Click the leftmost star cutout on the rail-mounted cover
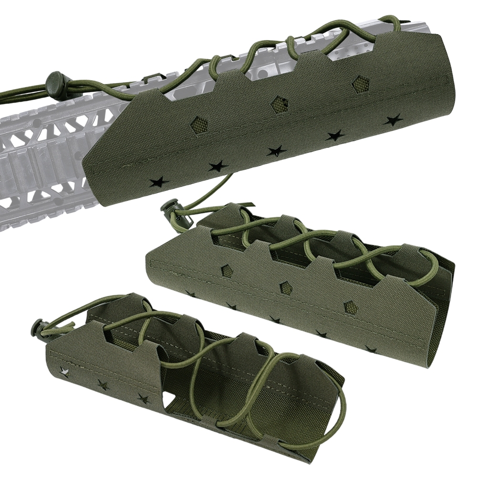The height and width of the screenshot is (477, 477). pyautogui.click(x=158, y=182)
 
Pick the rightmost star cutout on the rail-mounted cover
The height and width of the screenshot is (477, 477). pyautogui.click(x=393, y=120)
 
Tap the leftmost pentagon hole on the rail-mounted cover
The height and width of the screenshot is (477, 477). pyautogui.click(x=199, y=125)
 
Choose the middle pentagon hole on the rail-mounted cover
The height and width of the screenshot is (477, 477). pyautogui.click(x=279, y=104)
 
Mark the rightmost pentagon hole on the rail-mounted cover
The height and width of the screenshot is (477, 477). pyautogui.click(x=359, y=84)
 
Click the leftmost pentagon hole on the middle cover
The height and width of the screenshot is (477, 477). pyautogui.click(x=227, y=271)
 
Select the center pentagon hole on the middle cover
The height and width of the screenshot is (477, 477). pyautogui.click(x=286, y=288)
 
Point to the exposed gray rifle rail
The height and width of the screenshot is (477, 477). pyautogui.click(x=43, y=157)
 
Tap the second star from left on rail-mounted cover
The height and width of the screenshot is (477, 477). pyautogui.click(x=218, y=166)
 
